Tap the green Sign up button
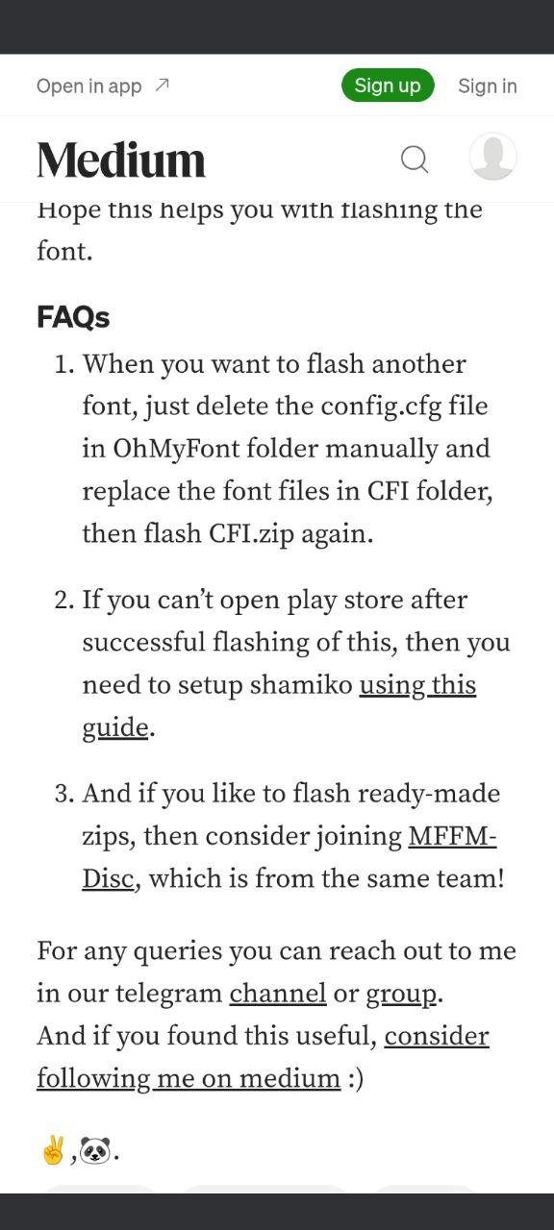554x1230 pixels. [388, 86]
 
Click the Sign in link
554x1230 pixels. [488, 86]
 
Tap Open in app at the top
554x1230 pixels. [103, 86]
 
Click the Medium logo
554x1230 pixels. [121, 160]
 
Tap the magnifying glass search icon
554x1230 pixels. [415, 160]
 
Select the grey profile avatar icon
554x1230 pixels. [493, 157]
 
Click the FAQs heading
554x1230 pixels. [73, 317]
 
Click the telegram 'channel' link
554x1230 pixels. [278, 994]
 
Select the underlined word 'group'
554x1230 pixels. [402, 995]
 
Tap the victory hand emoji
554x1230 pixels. [53, 1150]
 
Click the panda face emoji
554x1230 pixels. [95, 1150]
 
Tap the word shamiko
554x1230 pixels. [301, 685]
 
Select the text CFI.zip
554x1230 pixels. [252, 534]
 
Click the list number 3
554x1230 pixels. [63, 794]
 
